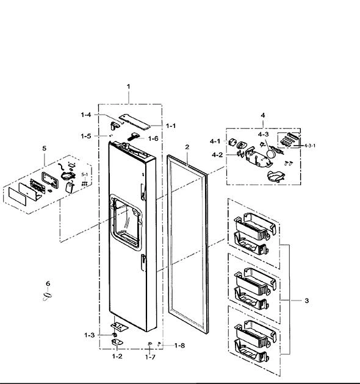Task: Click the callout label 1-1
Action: pos(171,126)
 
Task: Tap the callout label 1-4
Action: pos(86,115)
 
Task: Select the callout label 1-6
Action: pos(153,138)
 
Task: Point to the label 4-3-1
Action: pos(310,146)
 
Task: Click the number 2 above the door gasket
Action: pos(187,147)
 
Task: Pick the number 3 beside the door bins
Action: pos(306,300)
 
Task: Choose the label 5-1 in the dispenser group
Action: pos(84,174)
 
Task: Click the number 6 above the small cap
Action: pos(48,283)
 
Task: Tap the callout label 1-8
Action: pos(179,346)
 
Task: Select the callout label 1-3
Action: pos(89,335)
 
